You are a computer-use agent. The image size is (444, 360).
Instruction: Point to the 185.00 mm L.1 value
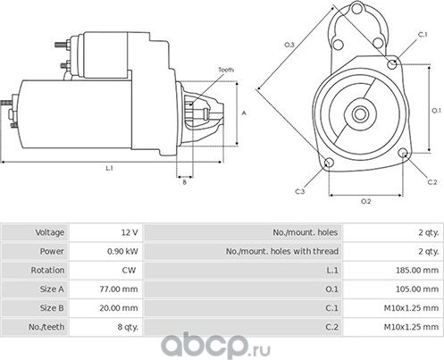coord(411,270)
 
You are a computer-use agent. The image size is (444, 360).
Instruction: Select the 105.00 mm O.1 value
coord(411,289)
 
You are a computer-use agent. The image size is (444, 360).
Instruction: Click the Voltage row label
coord(50,232)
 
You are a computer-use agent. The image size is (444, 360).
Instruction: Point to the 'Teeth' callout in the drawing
coord(226,70)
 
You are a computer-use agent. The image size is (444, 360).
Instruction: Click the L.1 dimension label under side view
coord(108,168)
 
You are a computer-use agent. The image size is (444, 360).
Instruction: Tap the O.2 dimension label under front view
coord(366,201)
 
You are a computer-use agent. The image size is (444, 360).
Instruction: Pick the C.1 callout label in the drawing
coord(422,34)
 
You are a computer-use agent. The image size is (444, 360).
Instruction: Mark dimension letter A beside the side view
coord(244,113)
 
